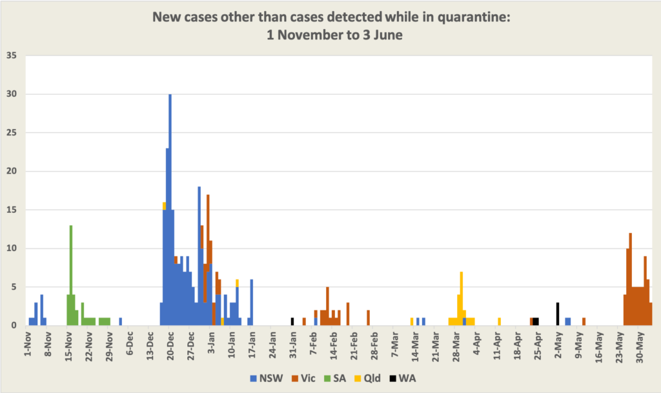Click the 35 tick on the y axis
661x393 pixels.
click(11, 55)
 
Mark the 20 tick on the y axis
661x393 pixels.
click(11, 172)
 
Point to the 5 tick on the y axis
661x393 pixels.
click(14, 287)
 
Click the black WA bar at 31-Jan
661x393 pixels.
click(292, 321)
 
